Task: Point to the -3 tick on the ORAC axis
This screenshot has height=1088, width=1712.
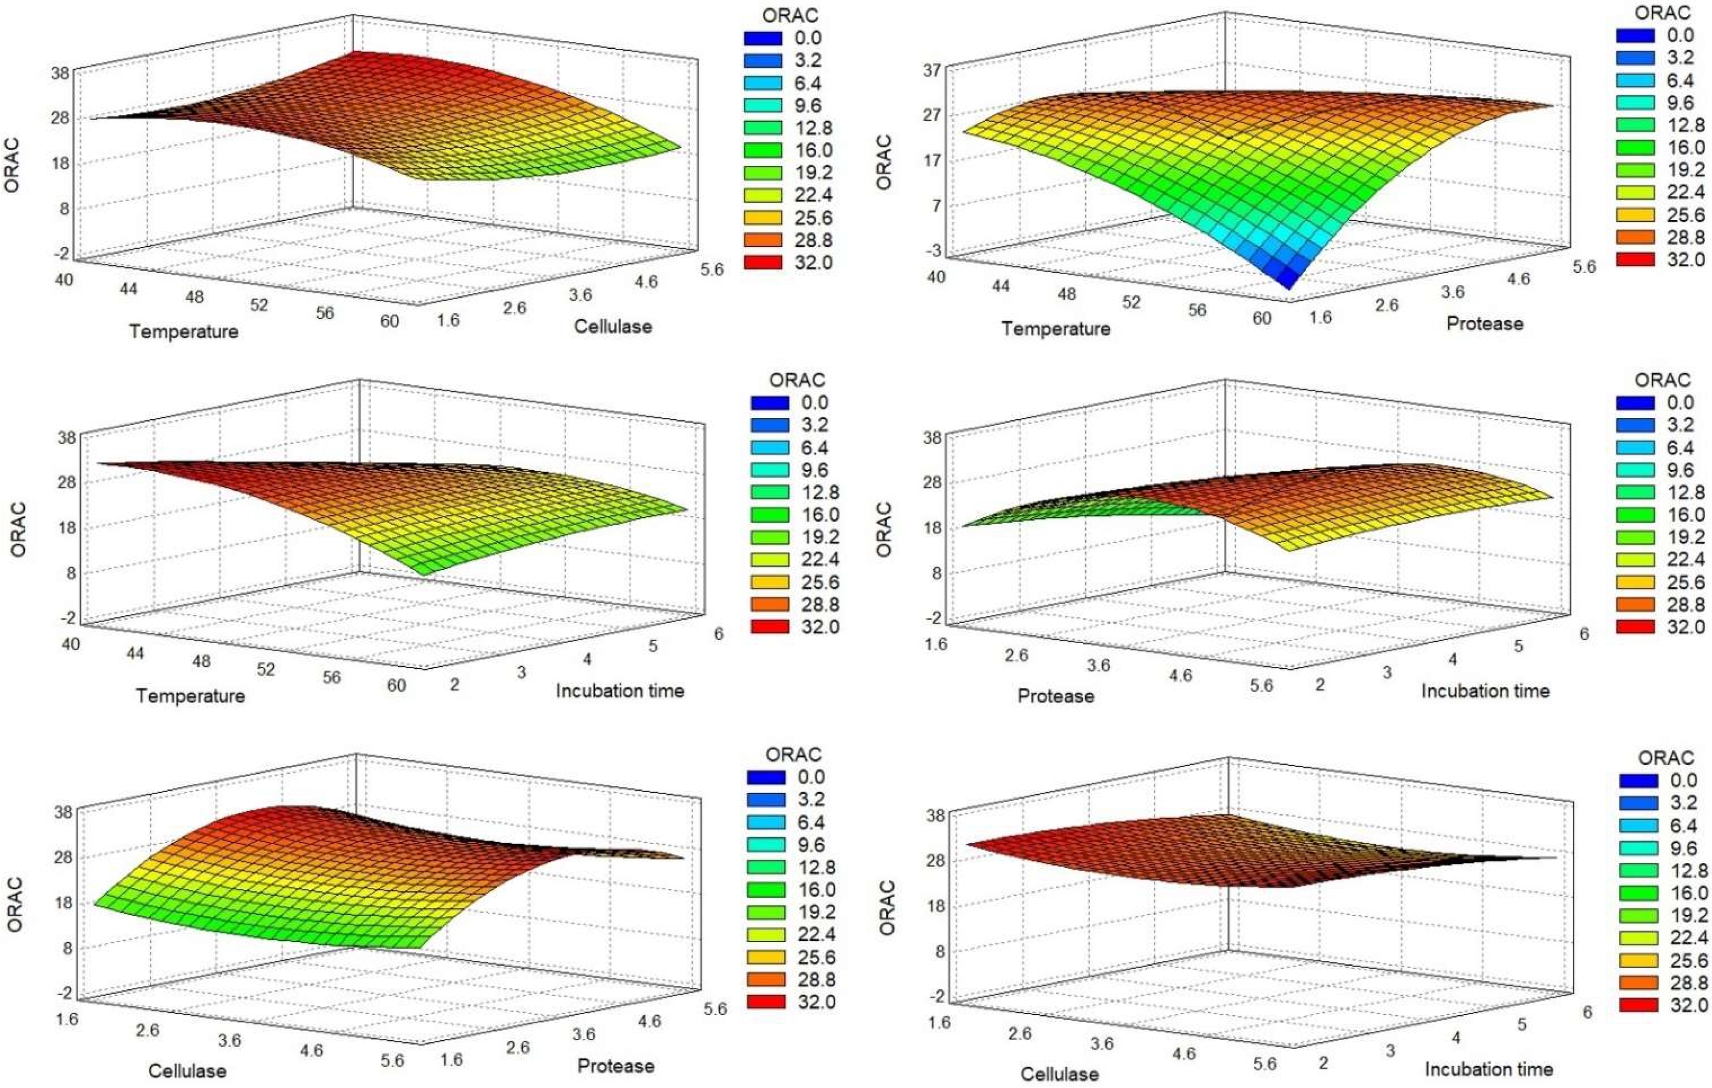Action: (932, 251)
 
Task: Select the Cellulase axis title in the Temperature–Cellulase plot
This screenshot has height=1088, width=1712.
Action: (613, 326)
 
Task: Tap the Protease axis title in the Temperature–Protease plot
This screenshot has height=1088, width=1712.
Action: (1485, 324)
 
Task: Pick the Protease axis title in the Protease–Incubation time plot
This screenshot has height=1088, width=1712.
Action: (1056, 696)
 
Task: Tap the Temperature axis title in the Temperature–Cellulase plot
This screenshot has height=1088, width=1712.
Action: (183, 331)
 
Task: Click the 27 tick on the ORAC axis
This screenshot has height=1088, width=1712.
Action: (932, 115)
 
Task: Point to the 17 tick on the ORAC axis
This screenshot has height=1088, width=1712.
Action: (932, 161)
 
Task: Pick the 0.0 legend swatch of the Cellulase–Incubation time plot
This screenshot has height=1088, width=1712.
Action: (1639, 780)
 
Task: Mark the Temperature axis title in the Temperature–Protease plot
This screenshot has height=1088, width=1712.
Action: (1055, 329)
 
